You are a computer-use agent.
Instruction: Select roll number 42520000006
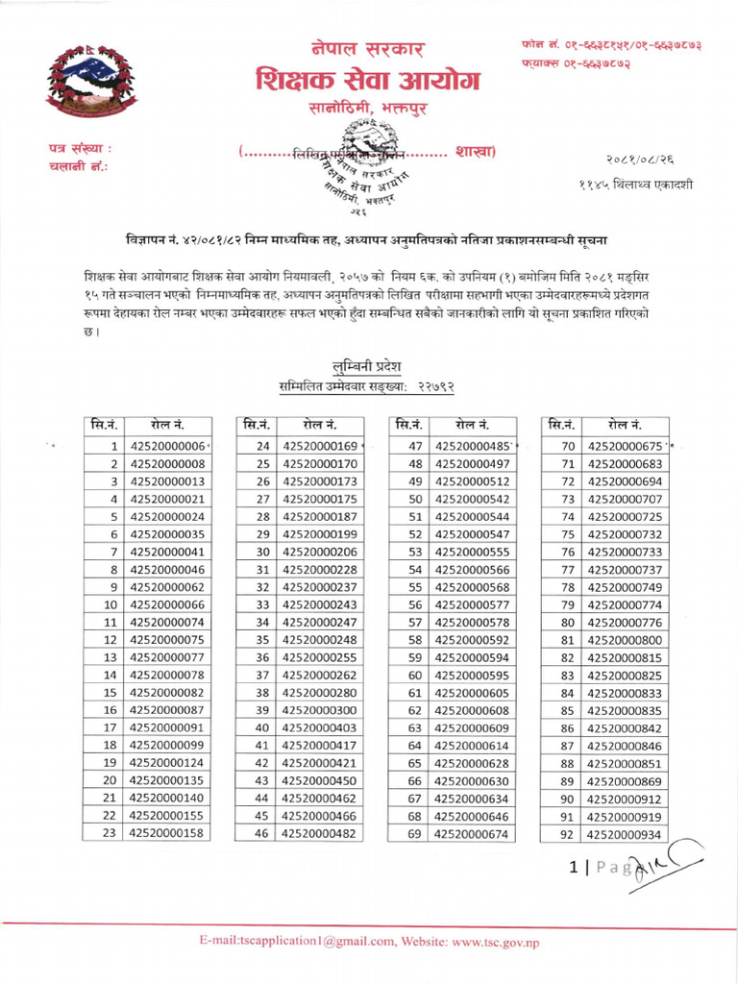tap(168, 446)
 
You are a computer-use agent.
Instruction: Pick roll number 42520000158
tap(168, 833)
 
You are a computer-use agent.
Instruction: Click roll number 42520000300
tap(320, 710)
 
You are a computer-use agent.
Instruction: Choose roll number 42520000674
tap(472, 833)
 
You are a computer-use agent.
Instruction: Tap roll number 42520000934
tap(625, 833)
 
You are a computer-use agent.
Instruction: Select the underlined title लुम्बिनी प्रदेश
tap(365, 366)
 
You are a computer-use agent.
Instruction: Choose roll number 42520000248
tap(320, 640)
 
